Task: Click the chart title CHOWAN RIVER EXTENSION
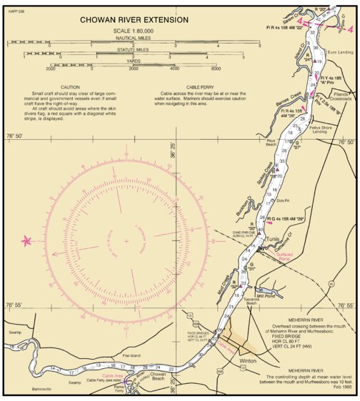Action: (134, 20)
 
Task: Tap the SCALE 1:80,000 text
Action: (134, 31)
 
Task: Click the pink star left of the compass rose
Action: (28, 241)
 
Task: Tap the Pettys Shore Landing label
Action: (324, 130)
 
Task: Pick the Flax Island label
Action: (133, 354)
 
